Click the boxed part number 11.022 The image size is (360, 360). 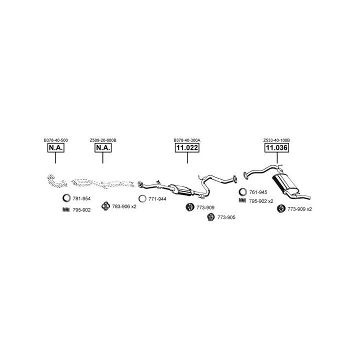point(187,147)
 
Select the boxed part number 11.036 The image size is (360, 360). point(276,147)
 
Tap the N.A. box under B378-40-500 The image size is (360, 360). point(56,147)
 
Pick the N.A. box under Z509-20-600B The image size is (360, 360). point(103,147)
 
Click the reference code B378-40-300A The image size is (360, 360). point(187,140)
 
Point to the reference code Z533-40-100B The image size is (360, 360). point(276,140)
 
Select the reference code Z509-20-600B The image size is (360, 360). point(103,140)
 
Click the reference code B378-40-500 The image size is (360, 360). point(56,140)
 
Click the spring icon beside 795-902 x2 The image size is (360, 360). point(242,200)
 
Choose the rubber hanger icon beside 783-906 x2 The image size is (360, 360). point(105,206)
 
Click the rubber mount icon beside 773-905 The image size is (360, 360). point(211,217)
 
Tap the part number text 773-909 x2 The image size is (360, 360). point(299,209)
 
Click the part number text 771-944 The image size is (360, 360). point(157,199)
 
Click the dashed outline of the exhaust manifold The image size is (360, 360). point(57,181)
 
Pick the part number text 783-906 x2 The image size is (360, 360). point(124,206)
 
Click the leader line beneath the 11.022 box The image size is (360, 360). point(187,157)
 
